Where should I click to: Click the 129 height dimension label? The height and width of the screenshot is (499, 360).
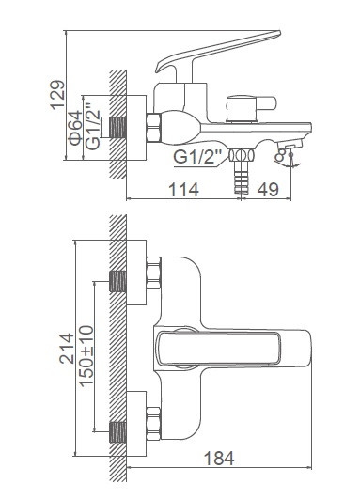[x=58, y=95]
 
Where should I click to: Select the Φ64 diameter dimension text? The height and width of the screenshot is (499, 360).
[x=75, y=128]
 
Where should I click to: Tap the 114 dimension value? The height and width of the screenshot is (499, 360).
[x=183, y=189]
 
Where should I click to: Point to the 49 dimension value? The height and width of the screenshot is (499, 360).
[x=268, y=189]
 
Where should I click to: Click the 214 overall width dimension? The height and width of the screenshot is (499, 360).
[x=67, y=349]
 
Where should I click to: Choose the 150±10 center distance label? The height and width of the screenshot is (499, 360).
[x=86, y=356]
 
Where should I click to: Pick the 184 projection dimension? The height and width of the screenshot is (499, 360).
[x=219, y=459]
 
